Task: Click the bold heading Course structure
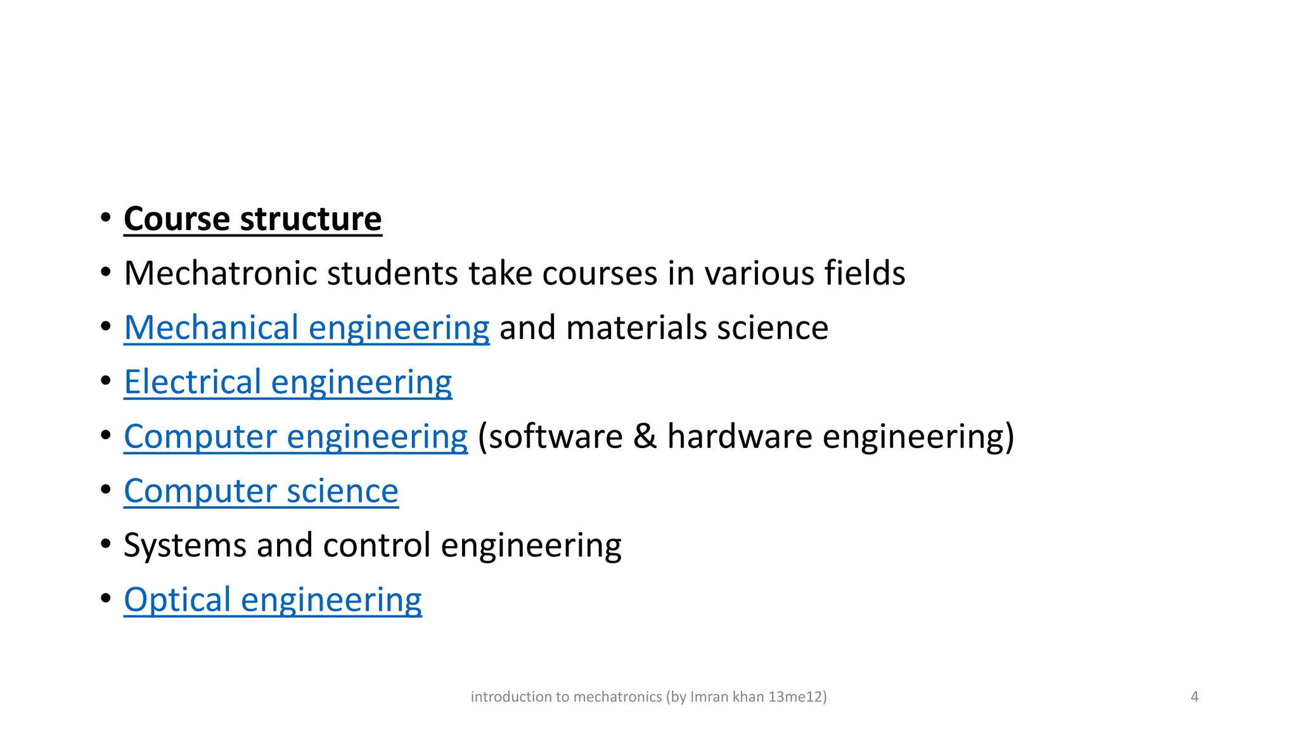tap(252, 219)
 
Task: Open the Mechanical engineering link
tap(307, 328)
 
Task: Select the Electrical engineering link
tap(288, 383)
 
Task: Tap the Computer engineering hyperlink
tap(295, 437)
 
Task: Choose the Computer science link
tap(261, 492)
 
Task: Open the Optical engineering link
tap(273, 601)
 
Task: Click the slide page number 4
tap(1194, 697)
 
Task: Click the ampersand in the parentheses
tap(645, 437)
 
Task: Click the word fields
tap(864, 274)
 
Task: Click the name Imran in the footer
tap(709, 697)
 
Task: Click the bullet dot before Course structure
tap(106, 218)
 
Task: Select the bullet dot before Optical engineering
tap(106, 598)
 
